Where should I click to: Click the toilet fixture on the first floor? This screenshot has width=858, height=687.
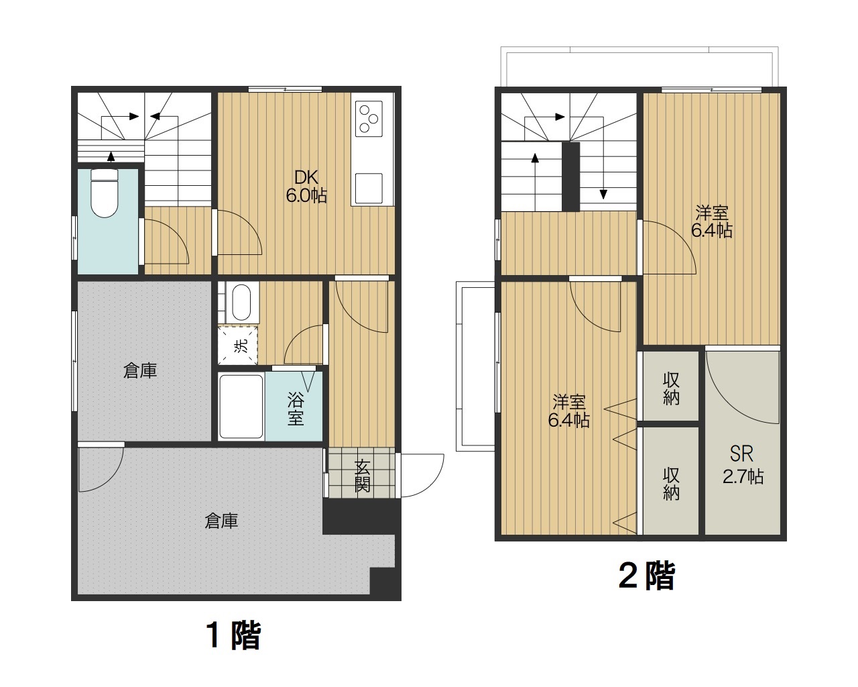click(104, 193)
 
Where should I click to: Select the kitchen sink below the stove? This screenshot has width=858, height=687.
click(369, 188)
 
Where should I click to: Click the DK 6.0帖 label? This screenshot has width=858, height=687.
click(306, 187)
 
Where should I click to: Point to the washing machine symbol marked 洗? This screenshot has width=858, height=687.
click(239, 346)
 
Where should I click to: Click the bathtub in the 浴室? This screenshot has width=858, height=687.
click(241, 407)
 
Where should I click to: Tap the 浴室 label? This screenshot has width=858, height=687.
click(296, 409)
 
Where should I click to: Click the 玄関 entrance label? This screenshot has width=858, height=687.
click(362, 476)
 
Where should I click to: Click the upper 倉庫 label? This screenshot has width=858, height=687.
click(140, 370)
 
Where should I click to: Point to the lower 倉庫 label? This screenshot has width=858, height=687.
click(221, 521)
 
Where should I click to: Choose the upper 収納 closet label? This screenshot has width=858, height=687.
click(671, 388)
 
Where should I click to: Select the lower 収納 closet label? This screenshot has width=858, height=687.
click(671, 483)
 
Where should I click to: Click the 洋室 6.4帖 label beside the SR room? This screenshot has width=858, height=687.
click(711, 221)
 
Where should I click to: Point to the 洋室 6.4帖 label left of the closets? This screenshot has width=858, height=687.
click(568, 411)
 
